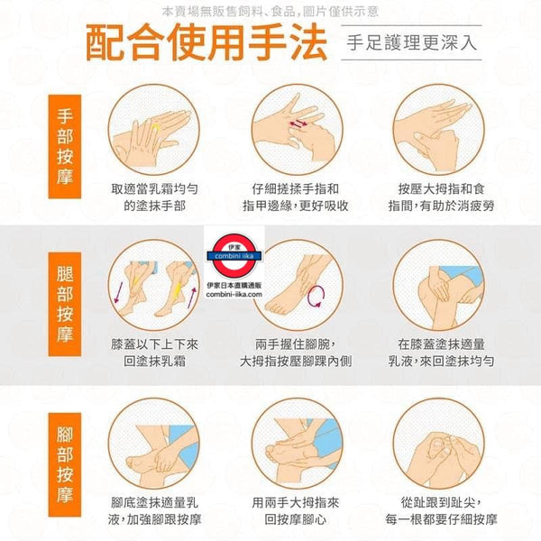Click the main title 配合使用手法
click(x=206, y=42)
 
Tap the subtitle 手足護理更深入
click(x=411, y=42)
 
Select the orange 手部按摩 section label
click(x=65, y=147)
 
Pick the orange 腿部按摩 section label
click(x=65, y=304)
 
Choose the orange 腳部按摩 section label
click(x=65, y=464)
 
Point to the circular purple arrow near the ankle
click(x=316, y=297)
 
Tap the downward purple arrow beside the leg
click(x=118, y=292)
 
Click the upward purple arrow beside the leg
click(x=192, y=298)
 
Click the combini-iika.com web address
click(x=234, y=294)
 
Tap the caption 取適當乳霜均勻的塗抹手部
click(x=154, y=197)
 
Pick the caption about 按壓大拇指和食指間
click(x=441, y=197)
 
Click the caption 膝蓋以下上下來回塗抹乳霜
click(x=154, y=353)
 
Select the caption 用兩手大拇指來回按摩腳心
click(x=296, y=511)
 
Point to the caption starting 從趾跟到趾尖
click(x=441, y=511)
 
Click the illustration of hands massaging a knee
click(x=439, y=285)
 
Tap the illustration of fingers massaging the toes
click(x=439, y=444)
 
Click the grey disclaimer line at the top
click(x=270, y=12)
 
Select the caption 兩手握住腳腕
click(x=296, y=344)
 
